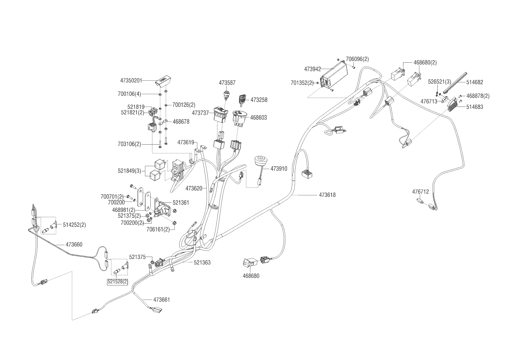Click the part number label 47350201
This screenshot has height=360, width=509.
point(131,80)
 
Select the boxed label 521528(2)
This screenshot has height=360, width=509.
point(118,282)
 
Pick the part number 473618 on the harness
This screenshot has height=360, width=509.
point(327,195)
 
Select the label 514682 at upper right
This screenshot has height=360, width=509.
point(475,82)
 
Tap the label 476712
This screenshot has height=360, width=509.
point(420,192)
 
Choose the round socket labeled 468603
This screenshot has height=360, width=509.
point(239,117)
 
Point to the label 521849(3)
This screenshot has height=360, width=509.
point(129,171)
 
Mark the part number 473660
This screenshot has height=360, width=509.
point(74,244)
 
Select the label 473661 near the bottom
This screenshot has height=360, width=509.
point(161,300)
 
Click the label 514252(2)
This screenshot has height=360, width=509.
point(74,225)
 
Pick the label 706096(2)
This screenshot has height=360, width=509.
point(358,59)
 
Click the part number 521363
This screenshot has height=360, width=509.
point(202,262)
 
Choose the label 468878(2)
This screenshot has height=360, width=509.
point(478,96)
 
